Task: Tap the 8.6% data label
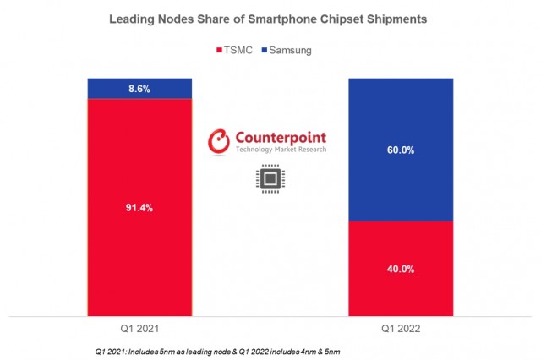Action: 139,89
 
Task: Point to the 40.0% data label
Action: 402,270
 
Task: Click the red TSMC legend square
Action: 223,51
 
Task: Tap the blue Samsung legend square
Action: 267,51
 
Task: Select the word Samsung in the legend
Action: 292,51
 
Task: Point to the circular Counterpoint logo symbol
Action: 220,141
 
